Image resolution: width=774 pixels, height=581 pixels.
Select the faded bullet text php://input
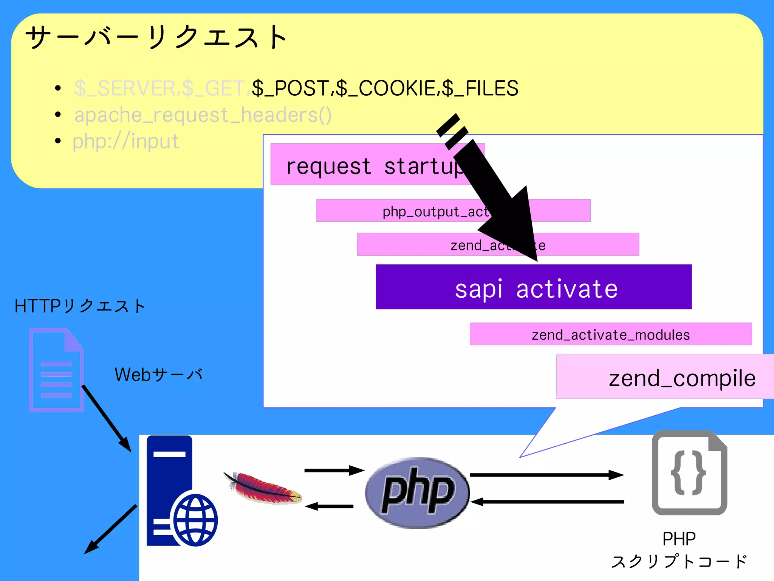coord(125,141)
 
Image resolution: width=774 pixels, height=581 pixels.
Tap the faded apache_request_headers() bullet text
coord(203,115)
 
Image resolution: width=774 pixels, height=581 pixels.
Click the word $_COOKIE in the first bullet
coord(386,88)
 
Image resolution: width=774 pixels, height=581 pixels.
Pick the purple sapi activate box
coord(533,287)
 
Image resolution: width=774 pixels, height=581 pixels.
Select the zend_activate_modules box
coord(610,334)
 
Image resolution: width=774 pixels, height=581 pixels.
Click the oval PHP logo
coord(417,492)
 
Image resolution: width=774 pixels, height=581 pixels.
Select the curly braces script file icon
coord(689,473)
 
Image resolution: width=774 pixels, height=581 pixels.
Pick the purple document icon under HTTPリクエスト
coord(56,370)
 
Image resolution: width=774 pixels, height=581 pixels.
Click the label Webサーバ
coord(158,374)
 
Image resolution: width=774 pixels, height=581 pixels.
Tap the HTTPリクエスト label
coord(79,306)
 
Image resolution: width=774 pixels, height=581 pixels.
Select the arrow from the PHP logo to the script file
coord(546,475)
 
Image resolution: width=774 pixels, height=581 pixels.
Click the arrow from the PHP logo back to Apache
coord(329,506)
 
